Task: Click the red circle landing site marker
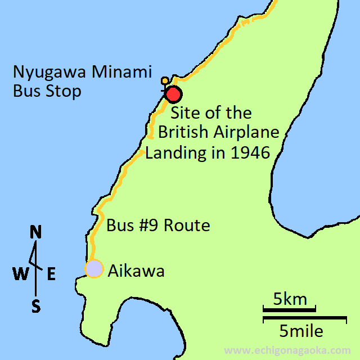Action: click(x=173, y=94)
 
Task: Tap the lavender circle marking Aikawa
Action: click(x=94, y=269)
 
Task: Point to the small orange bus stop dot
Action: click(x=164, y=80)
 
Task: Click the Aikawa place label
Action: click(x=136, y=271)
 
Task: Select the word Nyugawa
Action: click(x=46, y=73)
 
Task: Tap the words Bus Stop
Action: click(x=47, y=91)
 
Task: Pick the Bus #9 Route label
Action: click(x=158, y=226)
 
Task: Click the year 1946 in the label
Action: click(x=247, y=152)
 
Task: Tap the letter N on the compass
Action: click(x=36, y=232)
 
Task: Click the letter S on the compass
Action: click(x=36, y=306)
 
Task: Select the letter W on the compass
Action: click(x=20, y=274)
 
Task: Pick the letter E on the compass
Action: click(x=51, y=274)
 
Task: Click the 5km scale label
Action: click(x=290, y=299)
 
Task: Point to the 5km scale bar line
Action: click(x=289, y=308)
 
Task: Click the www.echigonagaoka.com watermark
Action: click(x=295, y=350)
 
